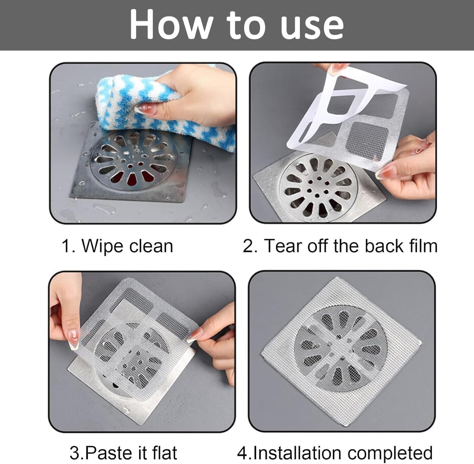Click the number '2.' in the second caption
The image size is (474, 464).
250,246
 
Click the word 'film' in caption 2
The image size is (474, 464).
423,246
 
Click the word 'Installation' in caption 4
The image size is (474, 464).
296,453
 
